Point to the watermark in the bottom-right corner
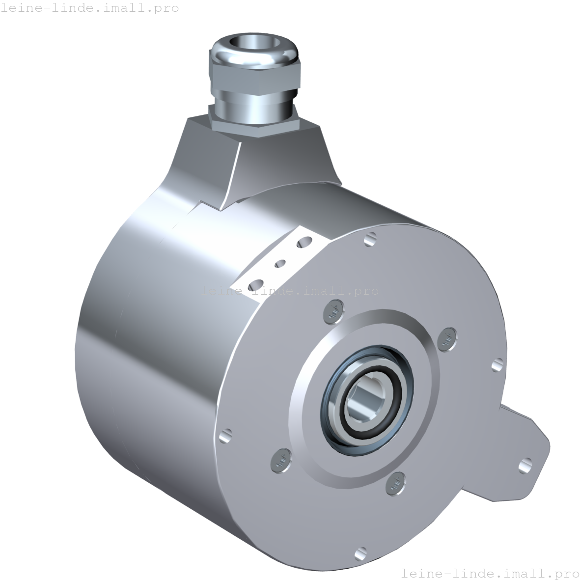tap(491, 573)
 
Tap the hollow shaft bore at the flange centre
tap(365, 399)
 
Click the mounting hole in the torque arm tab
tap(525, 466)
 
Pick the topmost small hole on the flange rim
tap(370, 239)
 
